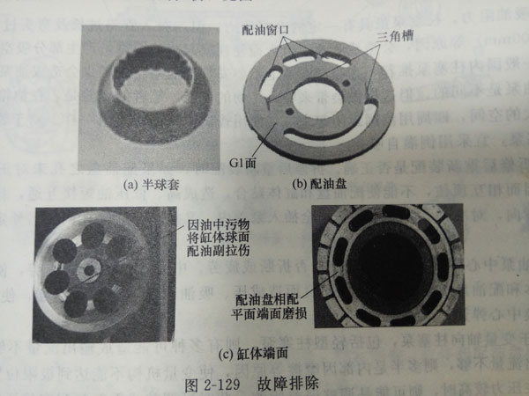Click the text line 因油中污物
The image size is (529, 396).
(212, 214)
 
